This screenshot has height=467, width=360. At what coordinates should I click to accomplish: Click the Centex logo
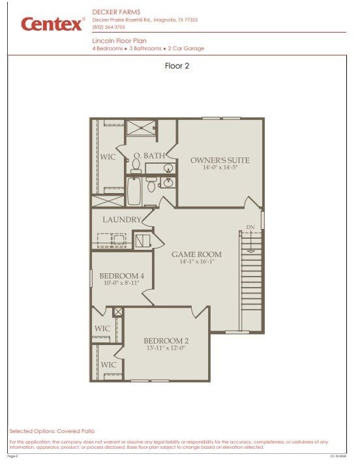53,24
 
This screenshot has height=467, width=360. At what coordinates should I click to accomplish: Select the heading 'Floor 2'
177,65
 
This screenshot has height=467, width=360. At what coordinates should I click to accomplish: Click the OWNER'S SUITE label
220,160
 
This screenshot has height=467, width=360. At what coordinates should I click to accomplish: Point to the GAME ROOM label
196,254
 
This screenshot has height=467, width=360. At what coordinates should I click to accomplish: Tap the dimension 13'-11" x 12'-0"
166,348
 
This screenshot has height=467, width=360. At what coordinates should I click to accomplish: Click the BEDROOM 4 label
122,277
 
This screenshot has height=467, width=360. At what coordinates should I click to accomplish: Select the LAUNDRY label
121,220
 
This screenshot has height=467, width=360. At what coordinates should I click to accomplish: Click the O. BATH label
149,155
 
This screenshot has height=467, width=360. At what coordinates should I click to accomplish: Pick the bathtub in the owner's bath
135,190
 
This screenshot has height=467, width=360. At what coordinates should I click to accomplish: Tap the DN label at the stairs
250,227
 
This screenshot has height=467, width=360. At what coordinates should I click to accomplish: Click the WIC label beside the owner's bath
108,157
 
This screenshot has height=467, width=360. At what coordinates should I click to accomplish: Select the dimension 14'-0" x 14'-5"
220,168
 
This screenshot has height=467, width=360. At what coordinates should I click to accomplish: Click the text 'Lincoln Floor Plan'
119,40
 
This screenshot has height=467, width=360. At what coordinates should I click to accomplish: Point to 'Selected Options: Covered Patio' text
52,431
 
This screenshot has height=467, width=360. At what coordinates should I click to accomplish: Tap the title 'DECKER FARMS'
113,12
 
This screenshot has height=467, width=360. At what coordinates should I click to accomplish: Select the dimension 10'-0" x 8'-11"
122,284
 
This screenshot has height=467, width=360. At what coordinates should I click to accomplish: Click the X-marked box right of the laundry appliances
142,241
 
